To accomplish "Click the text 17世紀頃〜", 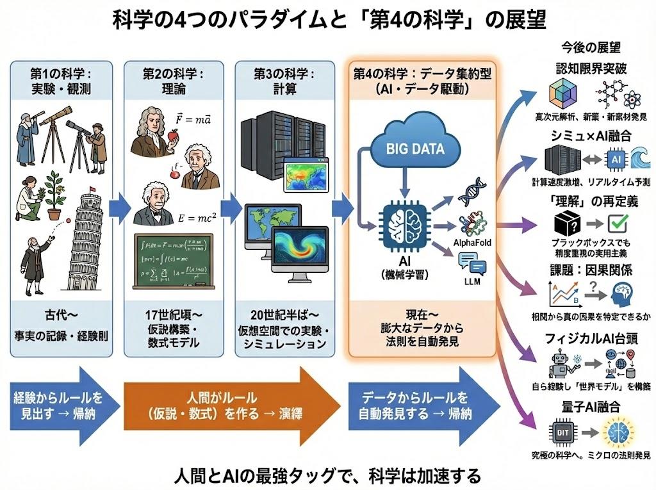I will click(x=173, y=316).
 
